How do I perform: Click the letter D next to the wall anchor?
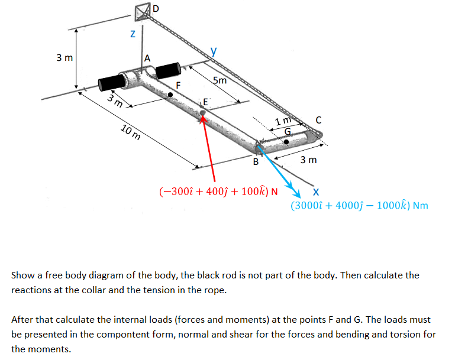pyautogui.click(x=156, y=8)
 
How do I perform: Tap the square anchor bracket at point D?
pyautogui.click(x=142, y=11)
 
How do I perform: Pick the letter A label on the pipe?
pyautogui.click(x=147, y=58)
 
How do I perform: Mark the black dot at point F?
pyautogui.click(x=171, y=93)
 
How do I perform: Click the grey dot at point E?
pyautogui.click(x=203, y=111)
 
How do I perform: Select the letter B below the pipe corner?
pyautogui.click(x=256, y=161)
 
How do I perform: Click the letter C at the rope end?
pyautogui.click(x=319, y=121)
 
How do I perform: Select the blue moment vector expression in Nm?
pyautogui.click(x=359, y=206)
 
